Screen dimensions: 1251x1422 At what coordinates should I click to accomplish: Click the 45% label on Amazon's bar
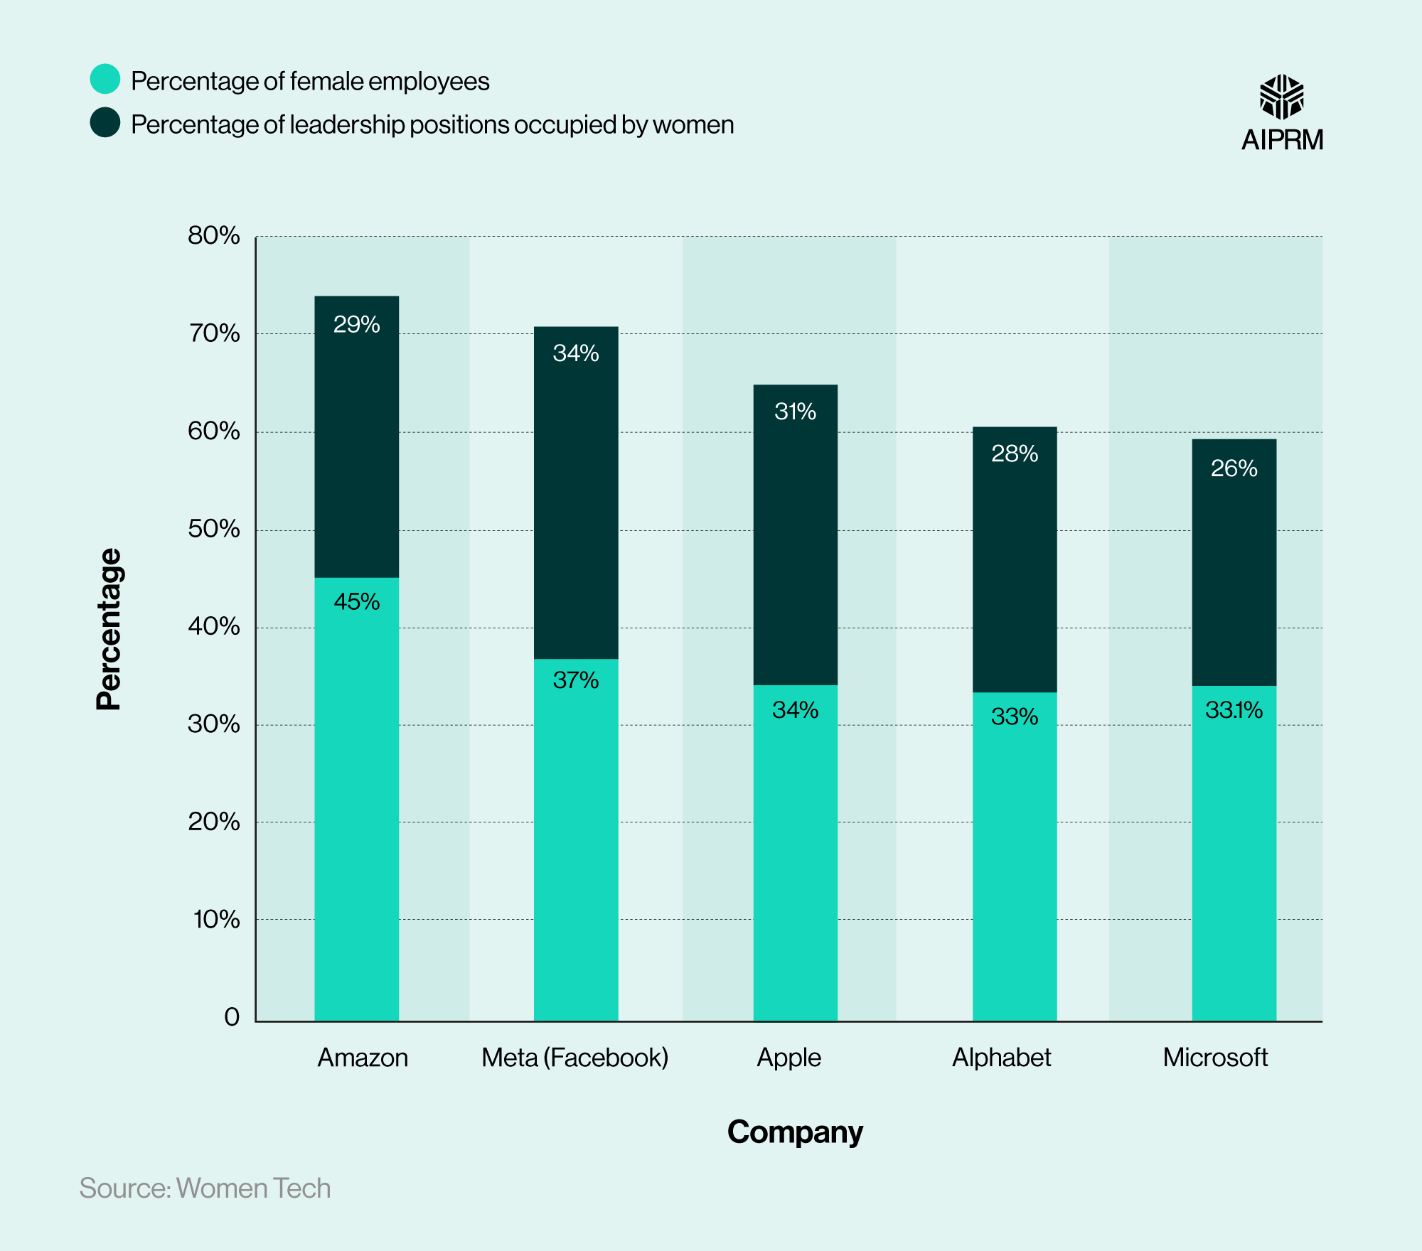356,602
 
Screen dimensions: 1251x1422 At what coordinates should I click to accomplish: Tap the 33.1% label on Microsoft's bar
1234,710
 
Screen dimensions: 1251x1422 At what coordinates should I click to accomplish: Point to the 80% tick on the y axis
214,235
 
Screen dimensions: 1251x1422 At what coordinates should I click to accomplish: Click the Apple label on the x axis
788,1058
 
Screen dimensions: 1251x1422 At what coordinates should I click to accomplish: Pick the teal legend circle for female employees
105,79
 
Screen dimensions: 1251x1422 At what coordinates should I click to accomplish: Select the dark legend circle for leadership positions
105,122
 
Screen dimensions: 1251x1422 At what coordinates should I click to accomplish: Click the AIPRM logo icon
1281,97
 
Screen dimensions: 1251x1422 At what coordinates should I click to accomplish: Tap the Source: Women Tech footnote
205,1188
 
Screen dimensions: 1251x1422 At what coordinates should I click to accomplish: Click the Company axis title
794,1132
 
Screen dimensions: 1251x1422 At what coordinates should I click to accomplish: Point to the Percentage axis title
109,629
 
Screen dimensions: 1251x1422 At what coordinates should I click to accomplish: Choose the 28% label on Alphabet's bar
1015,453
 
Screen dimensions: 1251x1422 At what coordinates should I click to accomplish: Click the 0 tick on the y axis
232,1016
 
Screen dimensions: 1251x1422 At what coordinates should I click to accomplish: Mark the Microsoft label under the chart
1215,1058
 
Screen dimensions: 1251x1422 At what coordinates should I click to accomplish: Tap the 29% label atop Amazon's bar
356,325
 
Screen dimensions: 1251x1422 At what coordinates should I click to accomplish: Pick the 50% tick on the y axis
214,529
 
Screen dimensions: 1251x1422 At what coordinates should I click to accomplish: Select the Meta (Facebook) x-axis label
574,1058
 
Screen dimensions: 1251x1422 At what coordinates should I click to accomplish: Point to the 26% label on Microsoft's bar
1234,468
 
